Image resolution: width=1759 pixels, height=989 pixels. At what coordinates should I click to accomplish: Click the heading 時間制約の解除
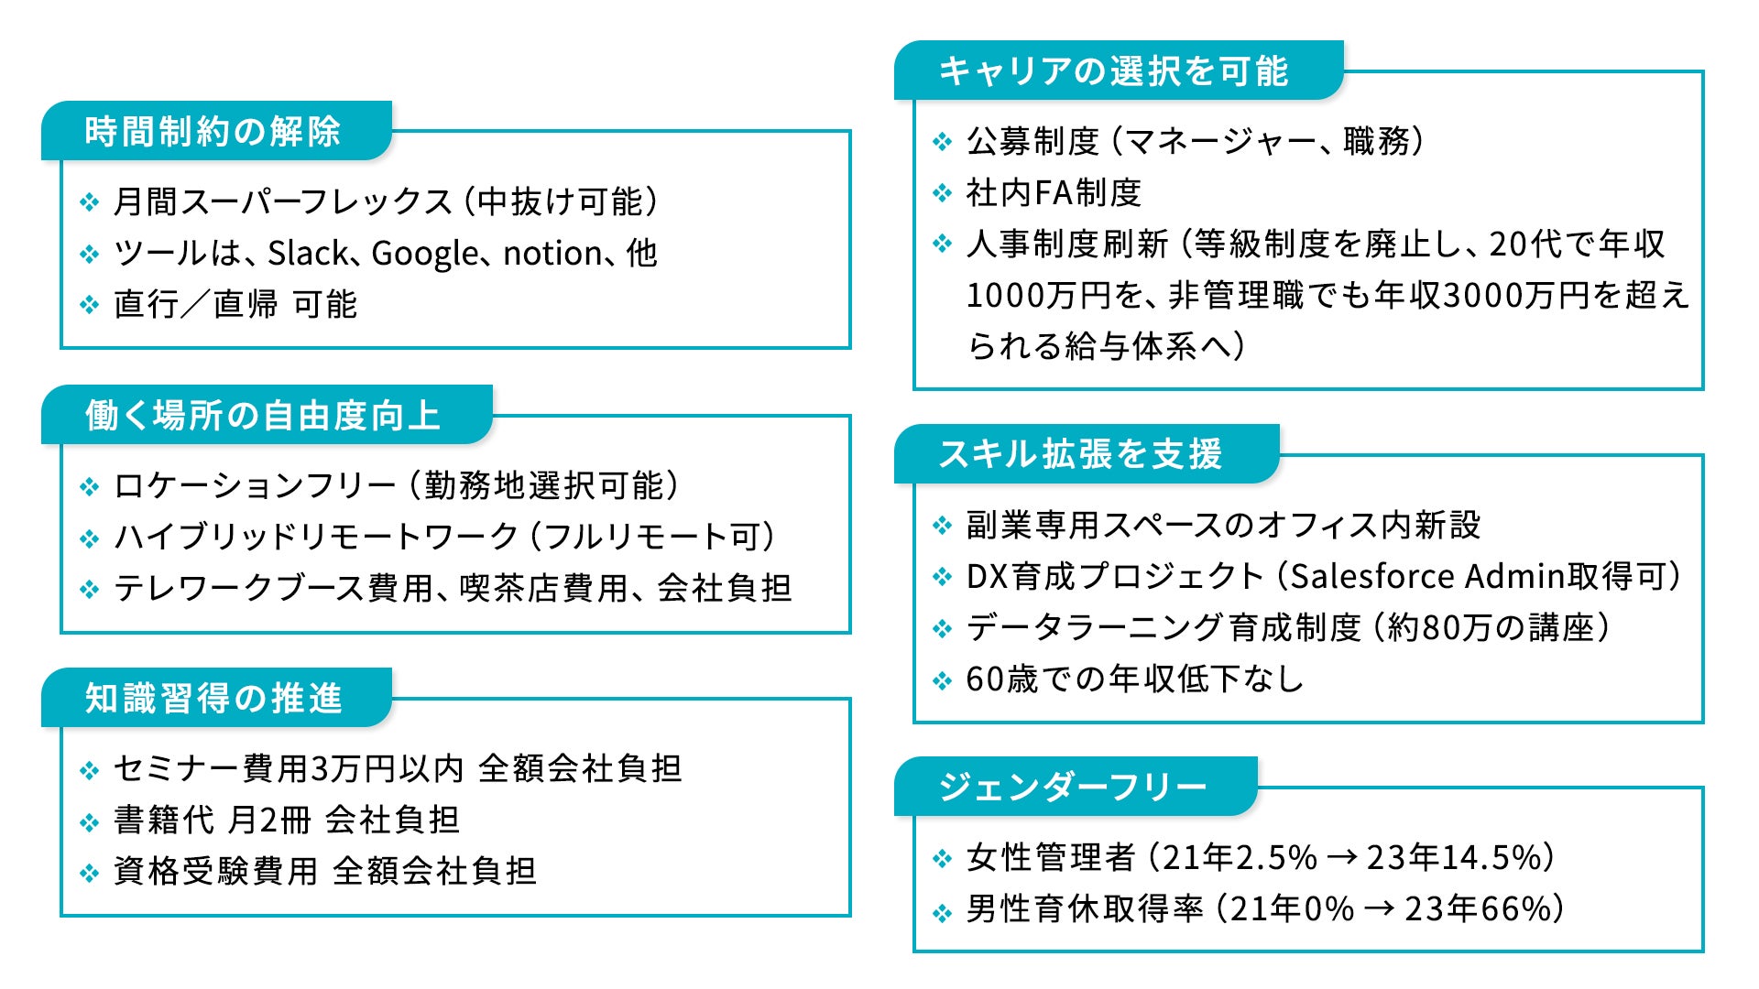213,132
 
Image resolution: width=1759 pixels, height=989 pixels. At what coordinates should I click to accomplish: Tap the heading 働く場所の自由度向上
263,416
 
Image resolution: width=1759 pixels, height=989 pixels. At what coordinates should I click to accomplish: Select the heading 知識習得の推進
213,699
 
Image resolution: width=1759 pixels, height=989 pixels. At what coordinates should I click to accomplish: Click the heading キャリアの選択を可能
1114,71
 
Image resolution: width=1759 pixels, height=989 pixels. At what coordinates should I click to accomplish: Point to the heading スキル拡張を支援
1081,454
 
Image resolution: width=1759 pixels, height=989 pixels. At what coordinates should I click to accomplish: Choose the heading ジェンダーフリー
1073,787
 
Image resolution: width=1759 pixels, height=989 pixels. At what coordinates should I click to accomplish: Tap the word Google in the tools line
425,254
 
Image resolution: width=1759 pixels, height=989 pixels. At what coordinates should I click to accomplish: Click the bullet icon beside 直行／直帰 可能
89,305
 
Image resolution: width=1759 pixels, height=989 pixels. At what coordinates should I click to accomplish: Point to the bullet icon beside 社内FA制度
942,193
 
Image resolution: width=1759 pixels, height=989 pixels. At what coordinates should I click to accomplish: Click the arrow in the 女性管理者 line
1341,858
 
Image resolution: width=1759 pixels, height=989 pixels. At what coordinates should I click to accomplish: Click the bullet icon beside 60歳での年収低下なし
942,680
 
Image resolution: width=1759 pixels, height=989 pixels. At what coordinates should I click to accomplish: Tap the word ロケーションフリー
255,486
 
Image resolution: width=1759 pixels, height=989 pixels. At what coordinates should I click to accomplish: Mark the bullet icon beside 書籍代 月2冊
89,821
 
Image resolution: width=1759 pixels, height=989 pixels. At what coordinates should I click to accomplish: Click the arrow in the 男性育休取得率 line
1379,909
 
